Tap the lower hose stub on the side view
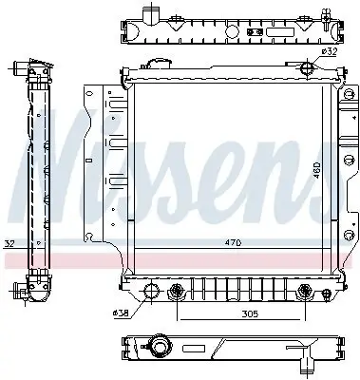21,289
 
